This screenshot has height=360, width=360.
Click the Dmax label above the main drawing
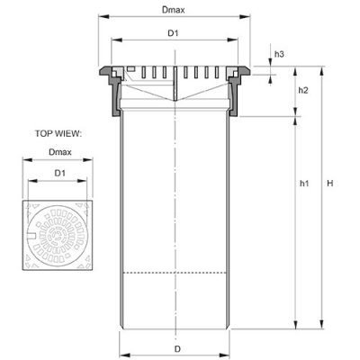pos(174,10)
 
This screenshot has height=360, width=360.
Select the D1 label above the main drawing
pos(173,33)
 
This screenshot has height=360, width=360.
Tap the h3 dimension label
pos(279,54)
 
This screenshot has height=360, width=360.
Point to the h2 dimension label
pos(303,90)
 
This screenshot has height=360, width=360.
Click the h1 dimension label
pos(304,184)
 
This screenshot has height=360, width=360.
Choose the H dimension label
pos(330,184)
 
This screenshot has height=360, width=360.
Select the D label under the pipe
pos(178,349)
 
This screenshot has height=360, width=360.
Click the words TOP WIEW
pos(58,133)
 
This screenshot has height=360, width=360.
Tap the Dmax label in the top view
pos(60,152)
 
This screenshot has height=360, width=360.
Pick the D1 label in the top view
pos(59,173)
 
